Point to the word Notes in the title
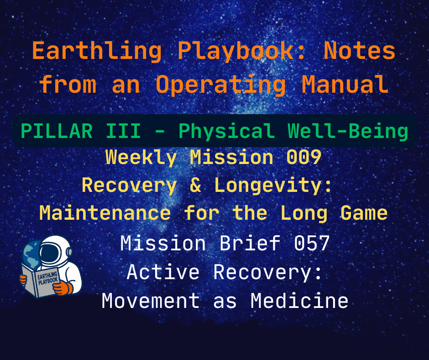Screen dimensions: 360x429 tap(359, 52)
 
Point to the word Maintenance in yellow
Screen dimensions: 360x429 tap(105, 212)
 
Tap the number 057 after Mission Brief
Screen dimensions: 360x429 tap(312, 244)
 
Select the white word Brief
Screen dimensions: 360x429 tap(251, 244)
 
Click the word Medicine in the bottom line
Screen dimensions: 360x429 tap(299, 301)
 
